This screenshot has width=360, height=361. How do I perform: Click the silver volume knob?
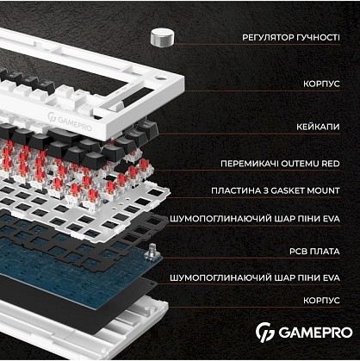tap(162, 37)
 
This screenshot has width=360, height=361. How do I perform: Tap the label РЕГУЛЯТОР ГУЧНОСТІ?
tap(291, 38)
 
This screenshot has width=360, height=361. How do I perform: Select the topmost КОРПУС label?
tap(321, 84)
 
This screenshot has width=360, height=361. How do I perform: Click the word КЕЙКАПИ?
tap(318, 127)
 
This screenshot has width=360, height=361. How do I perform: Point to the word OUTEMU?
tap(300, 164)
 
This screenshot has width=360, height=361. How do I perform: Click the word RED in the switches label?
tap(331, 164)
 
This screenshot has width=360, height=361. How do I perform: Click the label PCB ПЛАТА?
tap(314, 252)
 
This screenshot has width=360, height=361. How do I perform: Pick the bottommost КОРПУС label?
tap(321, 301)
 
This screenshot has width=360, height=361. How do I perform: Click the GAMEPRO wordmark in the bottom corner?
tap(315, 333)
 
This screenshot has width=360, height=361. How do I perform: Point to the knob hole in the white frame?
tap(159, 78)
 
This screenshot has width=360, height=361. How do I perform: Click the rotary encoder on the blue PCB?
tap(152, 252)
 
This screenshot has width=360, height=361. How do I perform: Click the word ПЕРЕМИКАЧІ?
tap(250, 164)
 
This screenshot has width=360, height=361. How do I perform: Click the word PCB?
tap(298, 252)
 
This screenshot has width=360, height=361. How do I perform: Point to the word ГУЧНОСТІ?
tap(318, 38)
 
